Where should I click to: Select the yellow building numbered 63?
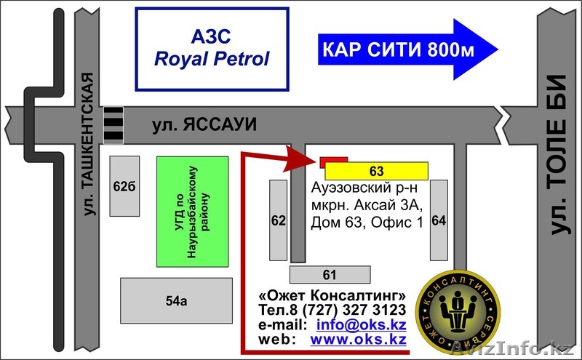point(376,171)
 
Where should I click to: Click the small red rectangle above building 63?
point(334,159)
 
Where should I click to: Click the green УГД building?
point(193,211)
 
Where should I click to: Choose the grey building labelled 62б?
point(124,185)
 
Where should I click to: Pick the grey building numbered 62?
point(278,220)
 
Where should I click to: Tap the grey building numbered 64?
point(439,220)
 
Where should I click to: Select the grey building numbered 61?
point(330,274)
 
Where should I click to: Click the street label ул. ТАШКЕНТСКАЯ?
point(89,145)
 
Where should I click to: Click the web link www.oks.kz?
point(358,339)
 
